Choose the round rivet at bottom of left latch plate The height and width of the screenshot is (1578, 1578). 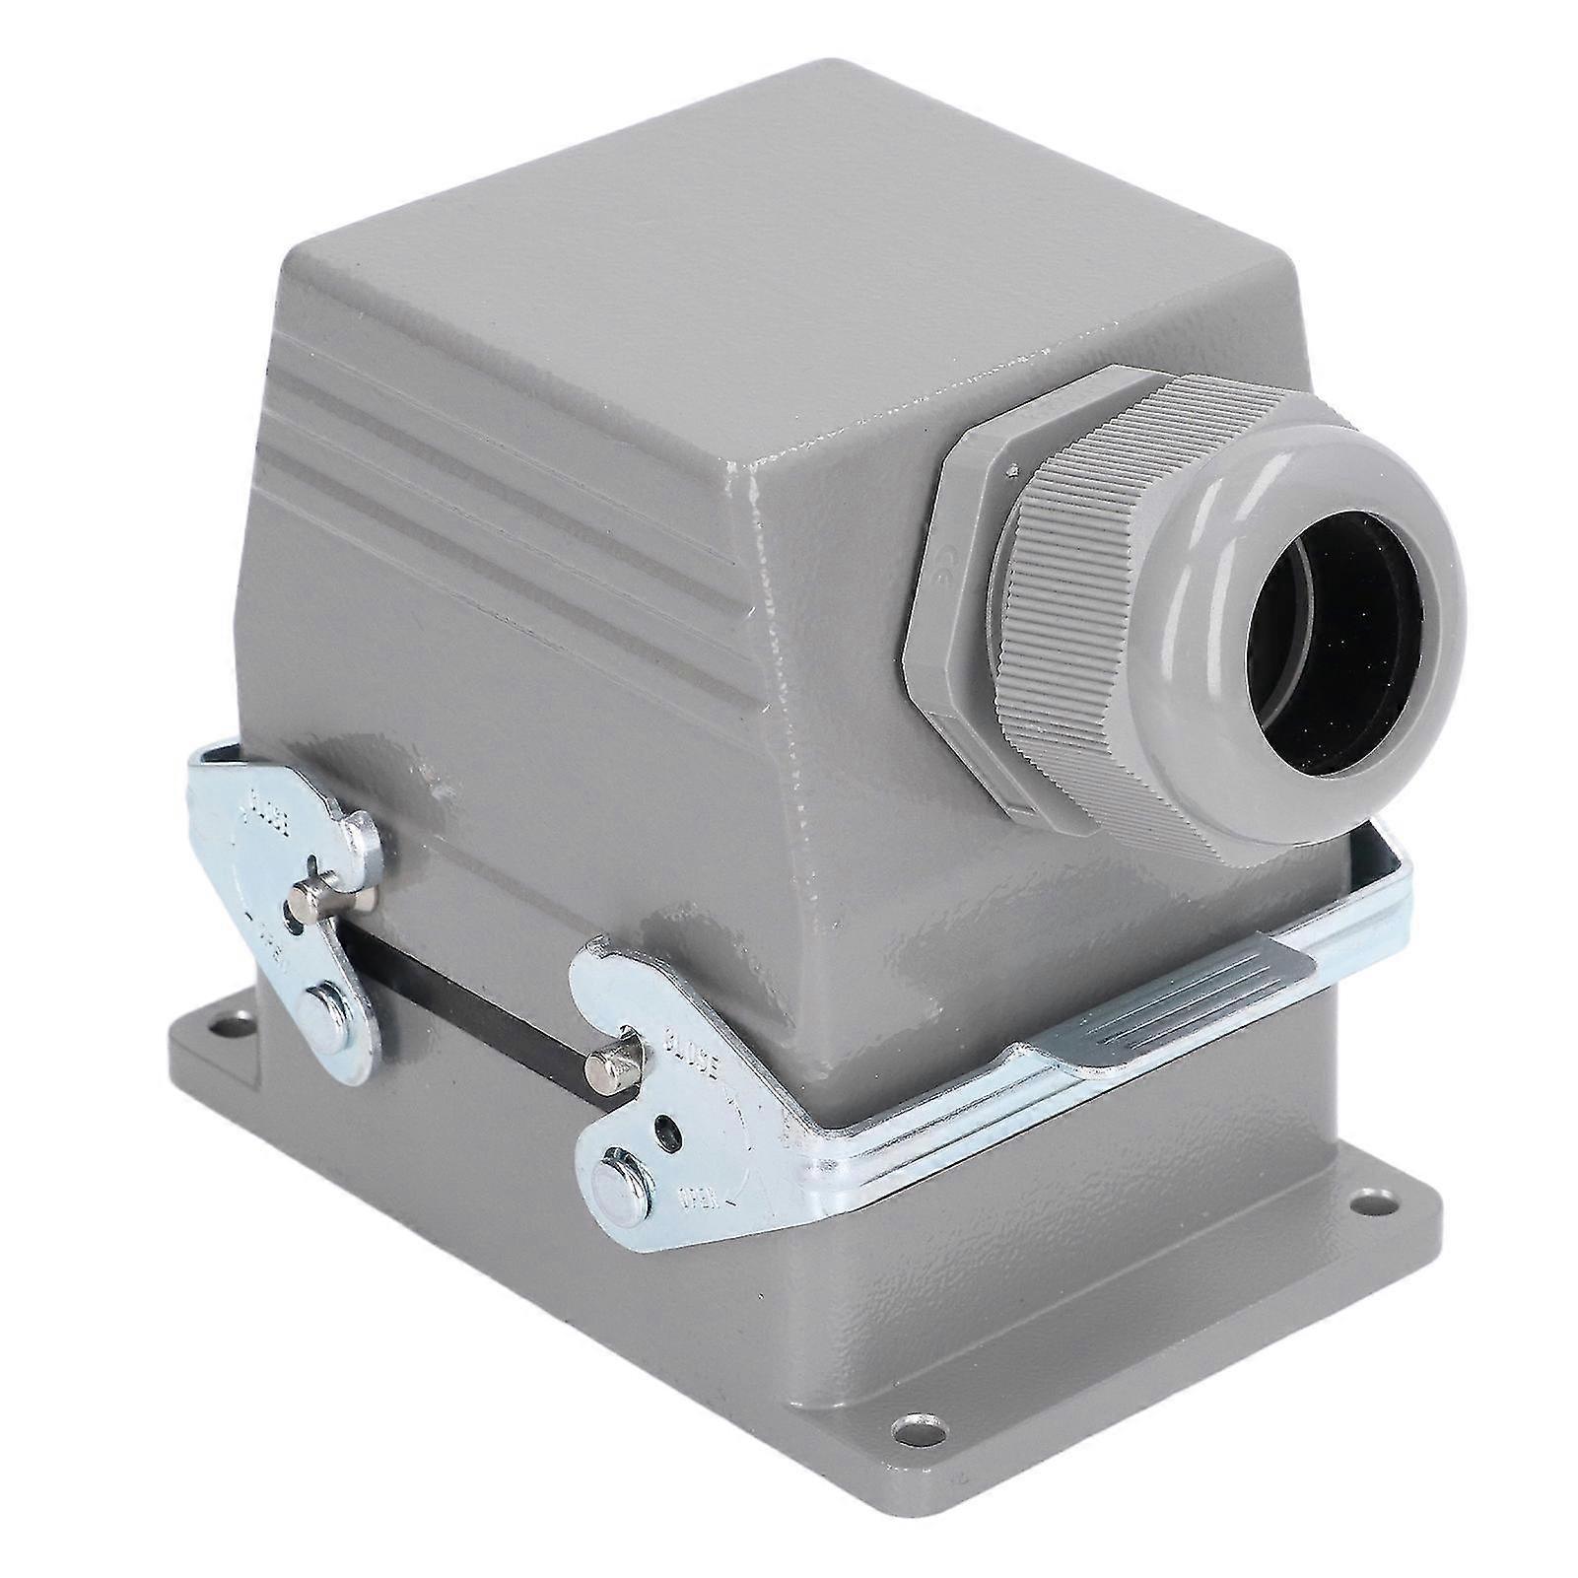tap(325, 1014)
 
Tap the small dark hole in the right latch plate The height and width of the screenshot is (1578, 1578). tap(669, 1131)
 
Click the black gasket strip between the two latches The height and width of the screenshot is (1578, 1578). tap(463, 995)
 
